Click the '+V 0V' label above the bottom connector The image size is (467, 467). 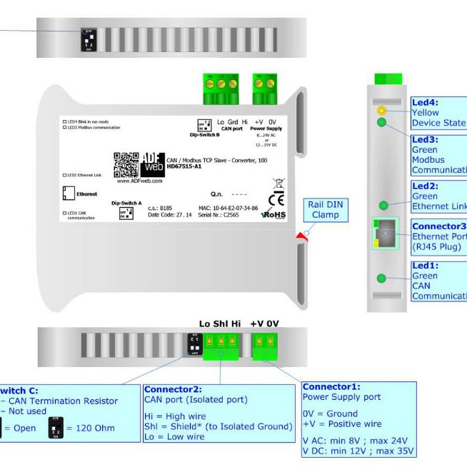[x=263, y=324]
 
